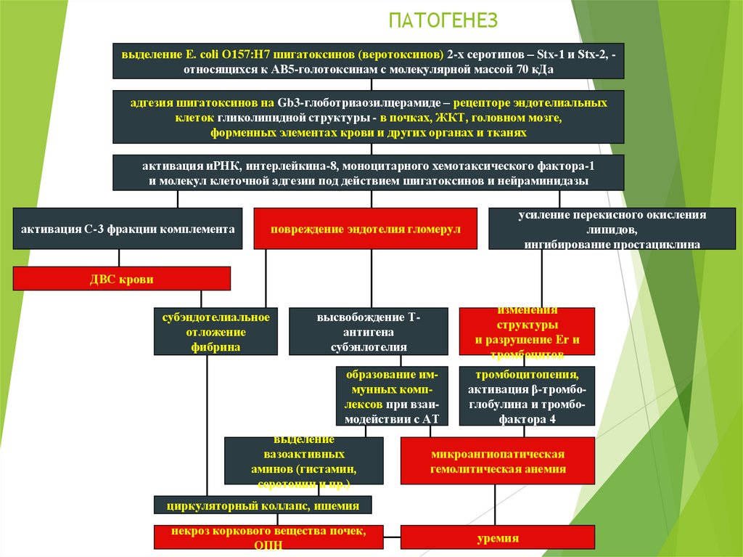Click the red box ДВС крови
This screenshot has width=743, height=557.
pos(121,279)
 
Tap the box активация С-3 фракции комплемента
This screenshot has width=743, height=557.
pos(128,229)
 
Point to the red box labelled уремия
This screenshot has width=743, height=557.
pos(497,538)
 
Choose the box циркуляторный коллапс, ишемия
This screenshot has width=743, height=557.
pos(263,505)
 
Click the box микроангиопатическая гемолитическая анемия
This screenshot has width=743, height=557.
pos(497,461)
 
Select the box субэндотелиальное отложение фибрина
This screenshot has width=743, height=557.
pos(215,332)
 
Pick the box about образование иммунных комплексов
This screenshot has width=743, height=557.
pos(392,397)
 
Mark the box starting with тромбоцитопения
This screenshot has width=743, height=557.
pos(527,397)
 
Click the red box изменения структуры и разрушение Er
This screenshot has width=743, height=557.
pos(527,332)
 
